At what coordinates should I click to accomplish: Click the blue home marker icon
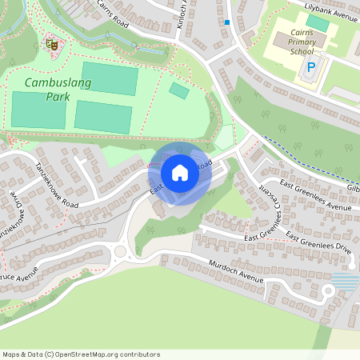click(x=180, y=173)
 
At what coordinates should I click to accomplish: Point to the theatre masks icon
click(x=51, y=45)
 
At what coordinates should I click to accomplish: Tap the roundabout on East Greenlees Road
click(x=121, y=252)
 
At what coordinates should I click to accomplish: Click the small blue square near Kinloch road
click(x=228, y=22)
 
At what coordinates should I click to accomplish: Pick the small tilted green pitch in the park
click(x=179, y=91)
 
